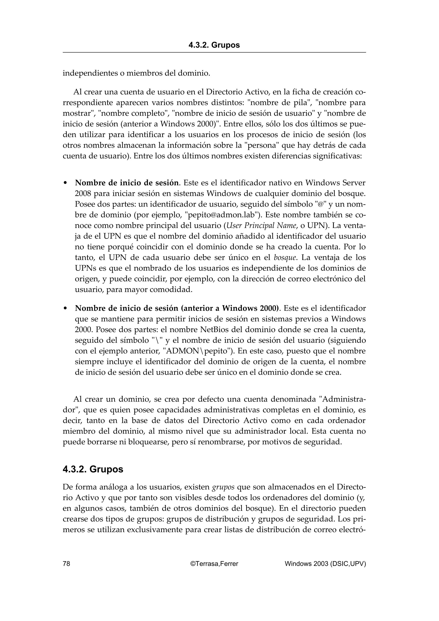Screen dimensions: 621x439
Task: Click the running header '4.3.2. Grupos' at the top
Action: pos(214,45)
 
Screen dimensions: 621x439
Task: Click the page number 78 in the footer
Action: pos(66,563)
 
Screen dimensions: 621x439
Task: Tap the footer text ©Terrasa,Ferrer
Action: pos(214,563)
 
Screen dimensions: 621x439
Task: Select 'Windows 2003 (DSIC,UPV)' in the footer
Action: pos(325,563)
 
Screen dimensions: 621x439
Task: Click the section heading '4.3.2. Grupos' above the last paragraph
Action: pos(93,469)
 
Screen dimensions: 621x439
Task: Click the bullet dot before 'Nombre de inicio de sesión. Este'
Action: pos(65,183)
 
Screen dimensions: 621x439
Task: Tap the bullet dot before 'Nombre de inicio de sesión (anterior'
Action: pos(65,308)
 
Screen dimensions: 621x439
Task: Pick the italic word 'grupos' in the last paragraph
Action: pos(223,487)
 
